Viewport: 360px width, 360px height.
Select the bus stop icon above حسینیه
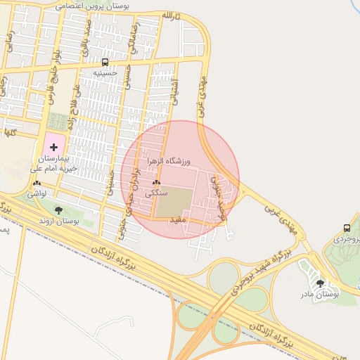pos(105,62)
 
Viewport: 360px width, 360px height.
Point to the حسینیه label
pos(105,72)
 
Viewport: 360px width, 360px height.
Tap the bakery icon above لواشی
pos(37,183)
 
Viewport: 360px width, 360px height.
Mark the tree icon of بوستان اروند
pos(58,210)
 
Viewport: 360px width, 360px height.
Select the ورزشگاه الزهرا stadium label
pos(169,162)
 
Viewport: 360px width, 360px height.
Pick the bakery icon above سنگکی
pos(155,183)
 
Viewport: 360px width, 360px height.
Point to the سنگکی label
pos(155,193)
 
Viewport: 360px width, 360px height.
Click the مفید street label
pos(176,220)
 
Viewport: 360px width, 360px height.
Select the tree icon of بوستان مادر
pos(320,283)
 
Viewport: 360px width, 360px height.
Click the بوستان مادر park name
pos(320,294)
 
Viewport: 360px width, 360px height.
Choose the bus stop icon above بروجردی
pos(347,228)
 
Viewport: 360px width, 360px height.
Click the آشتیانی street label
pos(175,91)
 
